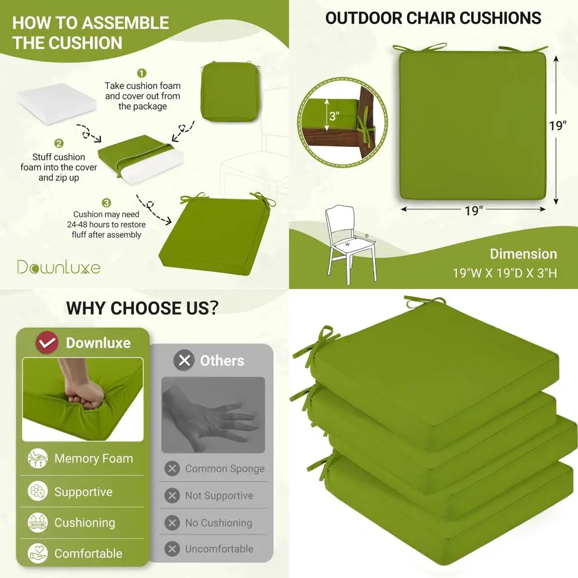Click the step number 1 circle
(142, 73)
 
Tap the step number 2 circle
(58, 143)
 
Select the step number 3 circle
(106, 202)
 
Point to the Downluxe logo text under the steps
(58, 267)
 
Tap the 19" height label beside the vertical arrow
(558, 125)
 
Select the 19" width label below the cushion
(473, 210)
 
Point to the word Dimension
(523, 254)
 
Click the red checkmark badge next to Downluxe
(47, 343)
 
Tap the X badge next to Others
(184, 361)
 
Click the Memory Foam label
(94, 459)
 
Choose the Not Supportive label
(218, 495)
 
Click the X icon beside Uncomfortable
(172, 549)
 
